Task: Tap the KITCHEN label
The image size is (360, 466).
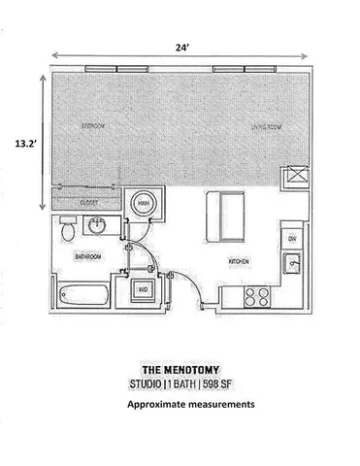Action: [x=240, y=262]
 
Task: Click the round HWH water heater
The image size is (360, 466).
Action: [x=142, y=204]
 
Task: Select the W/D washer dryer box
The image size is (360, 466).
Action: [x=142, y=288]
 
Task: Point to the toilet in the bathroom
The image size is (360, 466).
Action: [x=67, y=231]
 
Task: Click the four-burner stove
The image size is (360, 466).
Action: [x=257, y=295]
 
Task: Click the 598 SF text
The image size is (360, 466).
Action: [x=230, y=385]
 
